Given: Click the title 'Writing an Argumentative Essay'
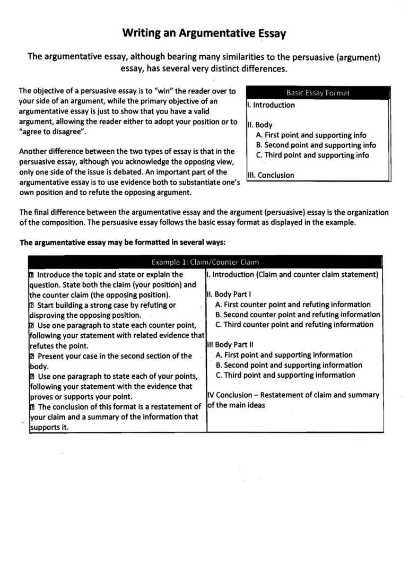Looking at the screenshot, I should coord(204,33).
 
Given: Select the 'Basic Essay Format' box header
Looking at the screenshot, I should coord(318,93).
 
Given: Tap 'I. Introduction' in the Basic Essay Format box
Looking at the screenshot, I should coord(271,105).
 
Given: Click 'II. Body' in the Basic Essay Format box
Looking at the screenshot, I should coord(260,125).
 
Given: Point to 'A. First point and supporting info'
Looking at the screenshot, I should coord(311,135).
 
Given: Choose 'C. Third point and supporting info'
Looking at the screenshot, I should coord(312,155).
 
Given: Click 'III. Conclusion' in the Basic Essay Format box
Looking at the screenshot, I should coord(270,176).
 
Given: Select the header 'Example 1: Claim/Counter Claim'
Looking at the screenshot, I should coord(205,262).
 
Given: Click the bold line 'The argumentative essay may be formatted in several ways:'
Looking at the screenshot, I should coord(123,242).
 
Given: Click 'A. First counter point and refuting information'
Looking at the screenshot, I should coord(293,305).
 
